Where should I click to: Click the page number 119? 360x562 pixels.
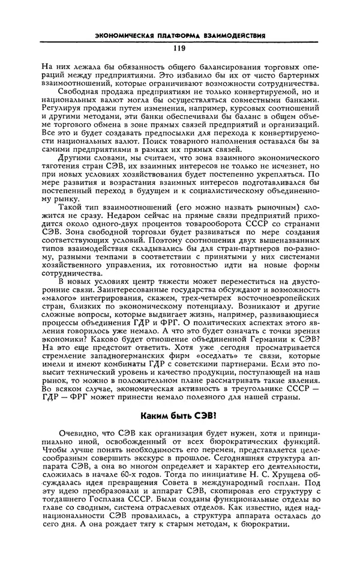pyautogui.click(x=179, y=49)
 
